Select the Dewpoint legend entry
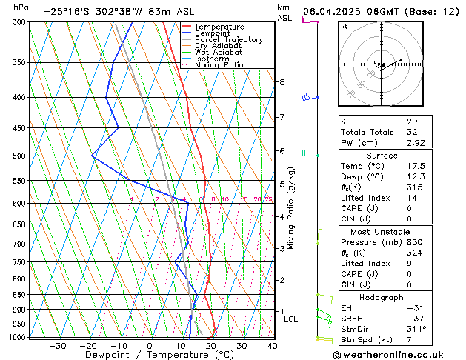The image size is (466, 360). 216,33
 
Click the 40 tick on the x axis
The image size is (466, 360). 272,346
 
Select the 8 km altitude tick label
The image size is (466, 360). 282,82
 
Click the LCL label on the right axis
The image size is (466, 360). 291,319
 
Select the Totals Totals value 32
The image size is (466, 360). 412,132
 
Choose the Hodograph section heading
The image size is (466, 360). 380,297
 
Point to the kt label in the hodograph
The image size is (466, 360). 344,27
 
